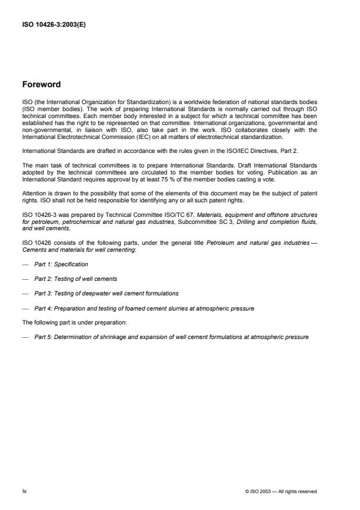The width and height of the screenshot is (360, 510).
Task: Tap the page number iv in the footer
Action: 24,491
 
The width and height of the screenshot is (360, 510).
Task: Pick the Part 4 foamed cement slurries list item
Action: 144,308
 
